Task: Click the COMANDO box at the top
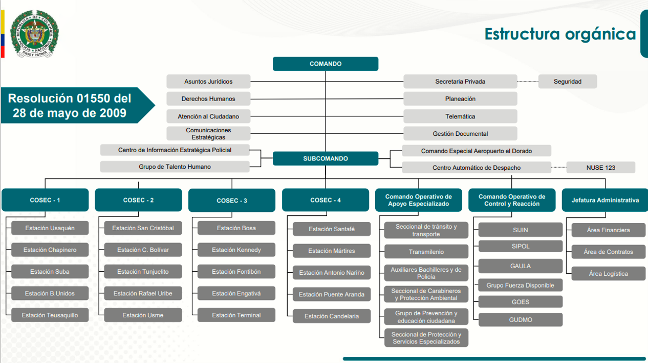point(326,64)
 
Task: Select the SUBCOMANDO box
point(326,158)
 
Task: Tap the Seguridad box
point(567,82)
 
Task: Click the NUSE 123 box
point(600,168)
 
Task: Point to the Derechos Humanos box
point(208,99)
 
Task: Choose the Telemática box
point(460,116)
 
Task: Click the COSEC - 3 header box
point(232,200)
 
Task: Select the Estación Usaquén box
point(49,228)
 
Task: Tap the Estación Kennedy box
point(236,250)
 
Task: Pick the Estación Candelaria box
point(332,316)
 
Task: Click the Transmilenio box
point(426,252)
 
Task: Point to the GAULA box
point(521,266)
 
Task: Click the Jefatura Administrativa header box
point(605,200)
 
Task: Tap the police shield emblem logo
point(34,33)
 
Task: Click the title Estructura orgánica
point(560,34)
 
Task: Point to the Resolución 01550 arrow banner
point(72,106)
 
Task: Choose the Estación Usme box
point(143,315)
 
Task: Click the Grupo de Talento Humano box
point(175,167)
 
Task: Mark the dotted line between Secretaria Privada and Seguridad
point(528,82)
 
